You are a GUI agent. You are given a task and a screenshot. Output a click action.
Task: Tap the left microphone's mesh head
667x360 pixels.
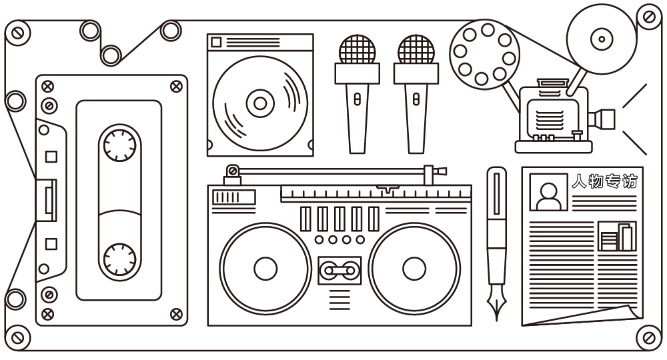pyautogui.click(x=357, y=49)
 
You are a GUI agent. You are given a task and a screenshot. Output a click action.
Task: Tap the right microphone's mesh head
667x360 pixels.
pyautogui.click(x=416, y=49)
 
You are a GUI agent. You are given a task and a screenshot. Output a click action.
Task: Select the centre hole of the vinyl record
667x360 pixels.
pyautogui.click(x=260, y=103)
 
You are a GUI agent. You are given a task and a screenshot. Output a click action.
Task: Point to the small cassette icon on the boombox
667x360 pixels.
pyautogui.click(x=339, y=270)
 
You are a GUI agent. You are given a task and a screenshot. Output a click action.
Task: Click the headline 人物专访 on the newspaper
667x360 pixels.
pyautogui.click(x=605, y=181)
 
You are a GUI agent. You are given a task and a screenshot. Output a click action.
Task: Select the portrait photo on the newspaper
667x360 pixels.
pyautogui.click(x=548, y=193)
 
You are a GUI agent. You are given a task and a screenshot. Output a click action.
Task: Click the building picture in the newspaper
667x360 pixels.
pyautogui.click(x=617, y=236)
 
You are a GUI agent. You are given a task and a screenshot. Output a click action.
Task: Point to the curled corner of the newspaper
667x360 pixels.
pyautogui.click(x=627, y=313)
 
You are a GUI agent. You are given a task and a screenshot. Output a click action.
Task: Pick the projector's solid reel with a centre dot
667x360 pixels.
pyautogui.click(x=602, y=39)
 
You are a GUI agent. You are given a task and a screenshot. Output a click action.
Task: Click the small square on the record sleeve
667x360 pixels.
pyautogui.click(x=215, y=43)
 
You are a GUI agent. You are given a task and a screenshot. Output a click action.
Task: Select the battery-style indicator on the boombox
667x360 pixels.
pyautogui.click(x=233, y=197)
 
